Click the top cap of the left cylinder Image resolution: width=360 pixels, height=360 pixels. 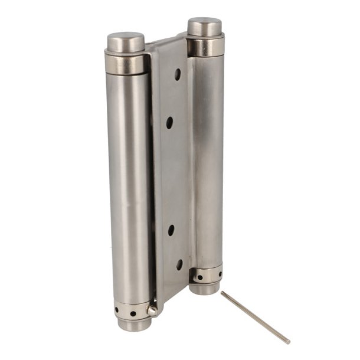click(x=126, y=41)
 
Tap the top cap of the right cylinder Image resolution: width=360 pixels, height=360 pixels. click(x=205, y=26)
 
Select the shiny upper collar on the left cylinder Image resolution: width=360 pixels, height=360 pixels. click(x=126, y=63)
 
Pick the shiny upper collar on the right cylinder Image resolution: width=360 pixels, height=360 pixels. click(x=206, y=46)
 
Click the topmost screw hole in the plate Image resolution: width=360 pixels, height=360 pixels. click(x=178, y=74)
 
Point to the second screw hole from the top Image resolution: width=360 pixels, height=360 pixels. click(x=169, y=122)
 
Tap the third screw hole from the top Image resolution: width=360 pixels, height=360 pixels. click(x=170, y=229)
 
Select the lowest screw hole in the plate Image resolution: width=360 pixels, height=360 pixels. click(x=179, y=264)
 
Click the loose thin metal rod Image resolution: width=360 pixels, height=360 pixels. click(x=255, y=317)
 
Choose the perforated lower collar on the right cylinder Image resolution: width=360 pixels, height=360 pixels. click(x=207, y=275)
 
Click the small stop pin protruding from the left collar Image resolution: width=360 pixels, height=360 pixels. click(x=152, y=309)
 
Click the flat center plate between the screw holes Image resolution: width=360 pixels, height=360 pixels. click(x=173, y=177)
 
